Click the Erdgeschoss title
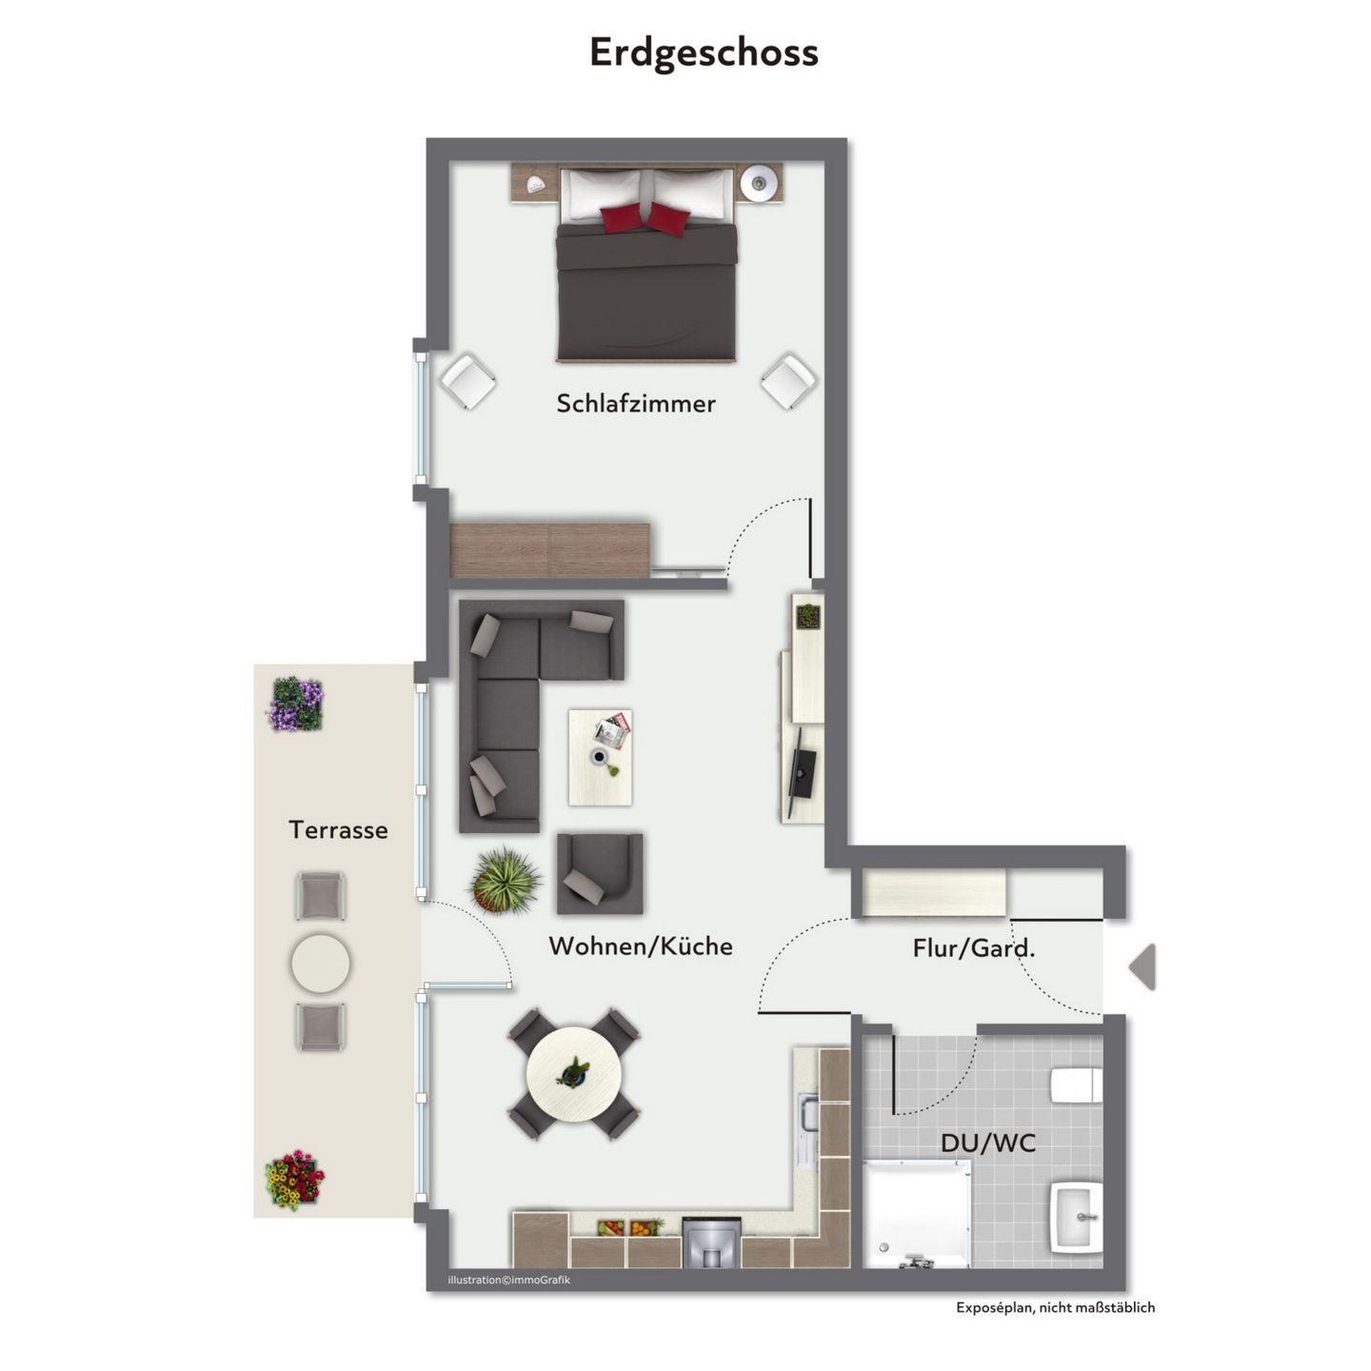pyautogui.click(x=703, y=52)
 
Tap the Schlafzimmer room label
pyautogui.click(x=635, y=404)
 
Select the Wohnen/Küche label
pyautogui.click(x=641, y=945)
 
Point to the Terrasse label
pyautogui.click(x=338, y=829)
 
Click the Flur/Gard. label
pyautogui.click(x=974, y=947)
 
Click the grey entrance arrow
pyautogui.click(x=1142, y=967)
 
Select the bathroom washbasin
pyautogui.click(x=1077, y=1218)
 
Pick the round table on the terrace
pyautogui.click(x=320, y=964)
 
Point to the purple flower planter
pyautogui.click(x=295, y=704)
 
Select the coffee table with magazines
pyautogui.click(x=600, y=758)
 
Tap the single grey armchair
pyautogui.click(x=600, y=874)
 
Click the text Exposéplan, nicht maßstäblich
pyautogui.click(x=1056, y=1307)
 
